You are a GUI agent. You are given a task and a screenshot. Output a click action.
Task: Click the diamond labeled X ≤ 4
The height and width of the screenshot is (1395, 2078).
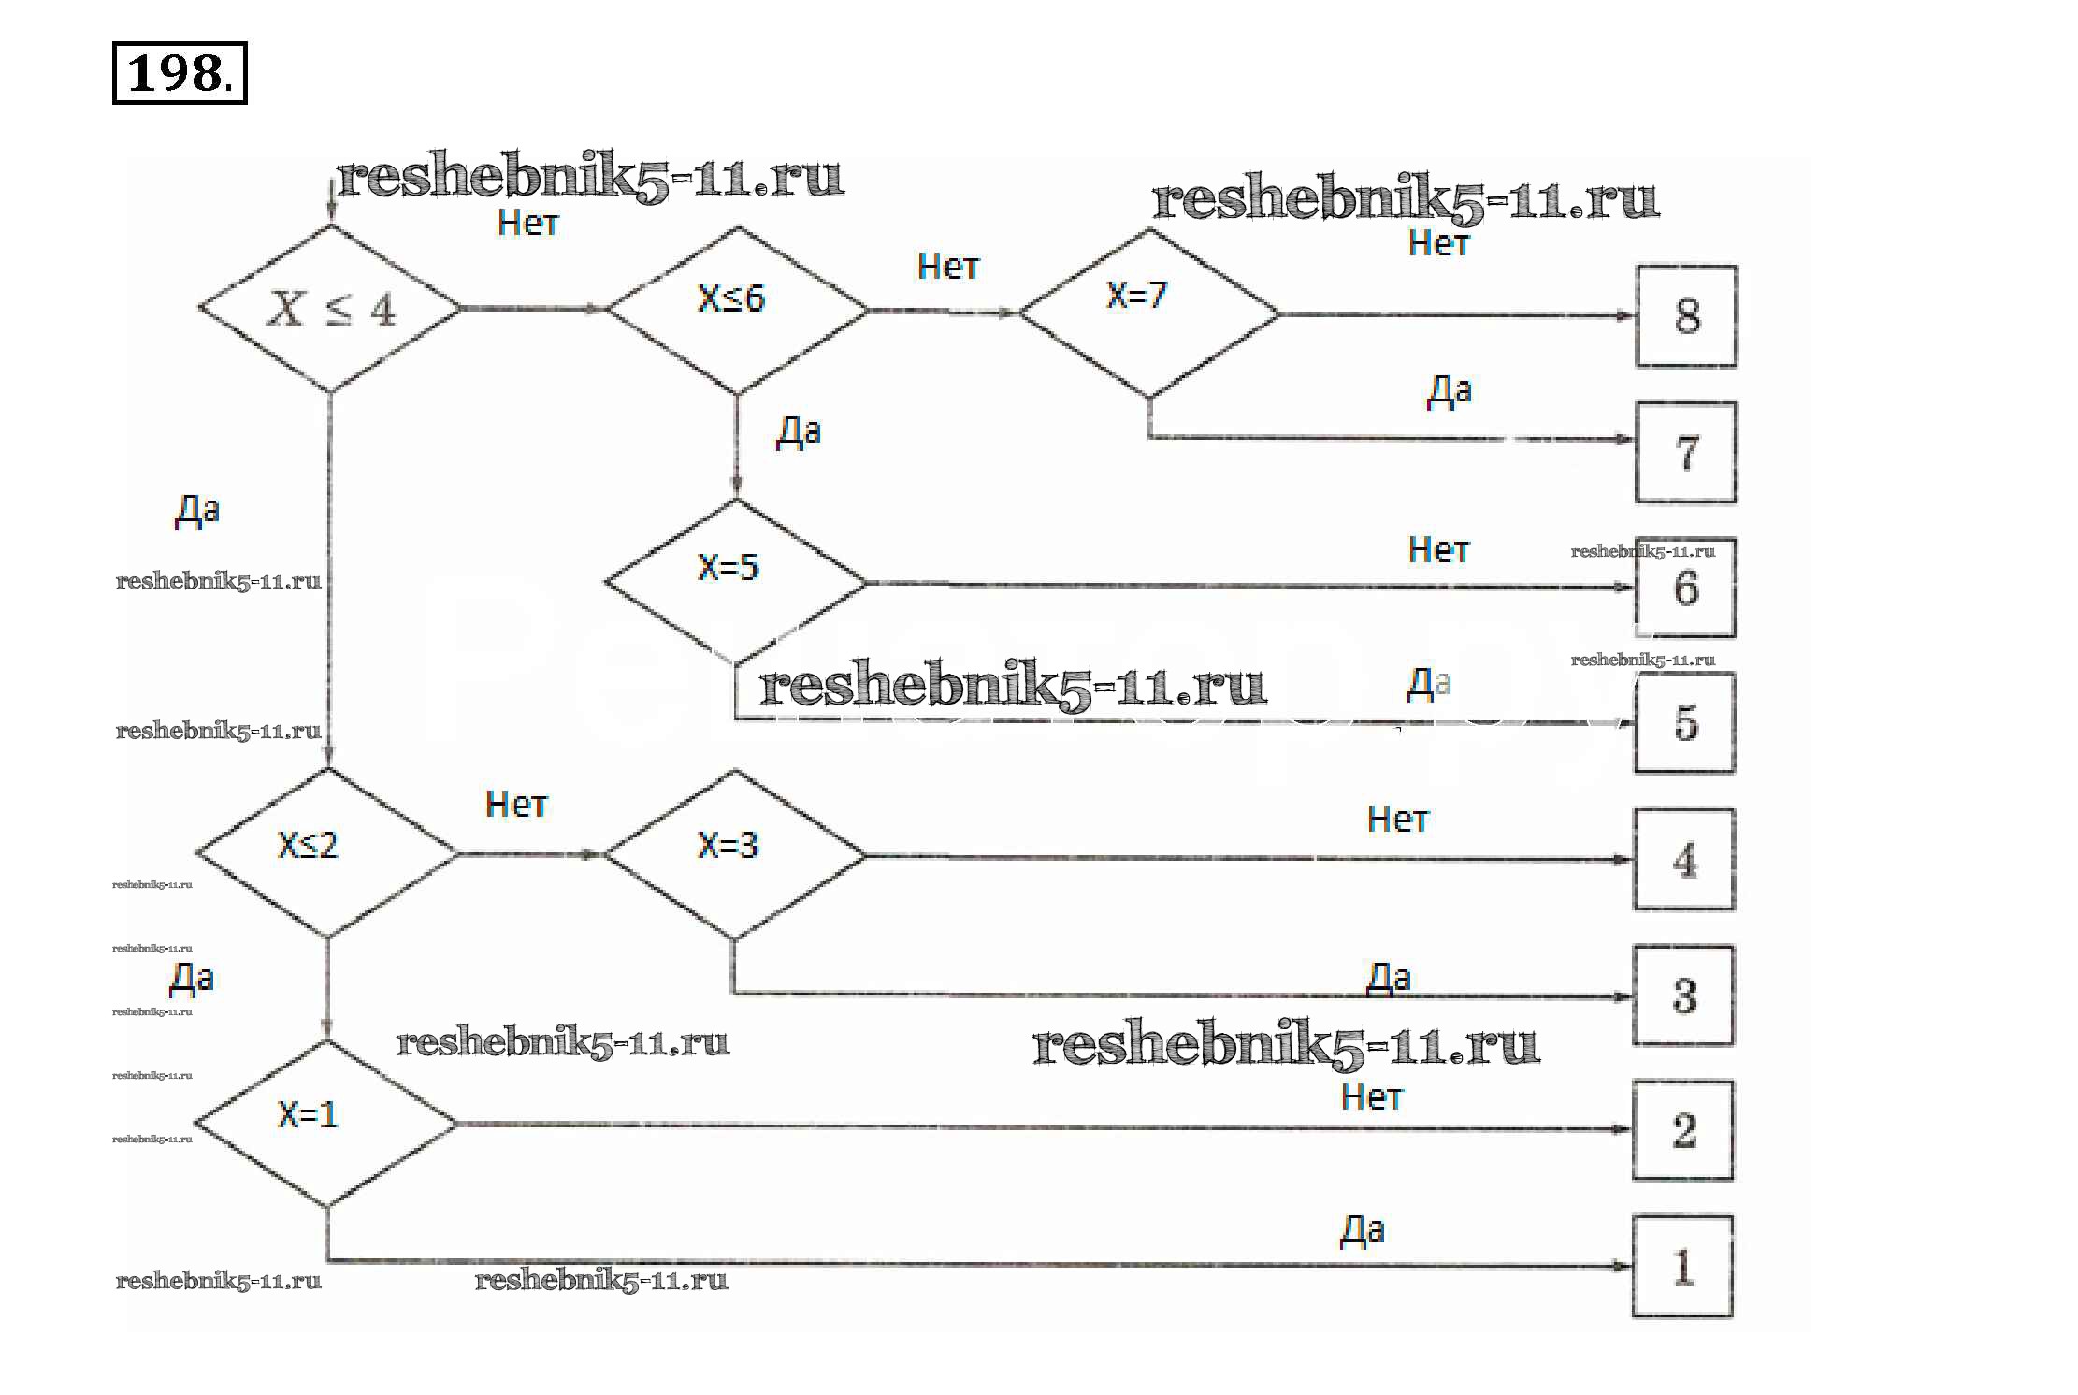tap(330, 308)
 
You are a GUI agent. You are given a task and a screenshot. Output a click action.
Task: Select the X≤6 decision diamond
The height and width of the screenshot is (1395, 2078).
tap(737, 308)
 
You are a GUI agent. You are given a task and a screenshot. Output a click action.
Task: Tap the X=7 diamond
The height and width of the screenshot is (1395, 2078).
tap(1148, 312)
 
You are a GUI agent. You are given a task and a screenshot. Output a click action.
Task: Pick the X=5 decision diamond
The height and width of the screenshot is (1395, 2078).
tap(735, 580)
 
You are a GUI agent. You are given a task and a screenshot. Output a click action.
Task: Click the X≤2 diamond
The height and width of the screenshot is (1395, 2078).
tap(327, 852)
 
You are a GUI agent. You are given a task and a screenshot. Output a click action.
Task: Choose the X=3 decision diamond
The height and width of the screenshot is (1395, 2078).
tap(734, 852)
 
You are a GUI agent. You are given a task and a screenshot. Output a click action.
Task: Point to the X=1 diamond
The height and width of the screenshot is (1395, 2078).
tap(326, 1123)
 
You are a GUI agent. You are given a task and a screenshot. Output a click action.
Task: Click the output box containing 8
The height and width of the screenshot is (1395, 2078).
tap(1686, 316)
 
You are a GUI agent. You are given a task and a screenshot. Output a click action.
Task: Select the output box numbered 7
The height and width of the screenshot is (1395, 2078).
tap(1685, 453)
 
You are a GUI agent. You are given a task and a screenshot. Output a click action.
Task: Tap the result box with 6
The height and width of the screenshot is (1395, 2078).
tap(1685, 588)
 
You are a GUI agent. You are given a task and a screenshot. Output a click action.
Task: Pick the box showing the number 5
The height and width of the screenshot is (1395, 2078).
tap(1684, 723)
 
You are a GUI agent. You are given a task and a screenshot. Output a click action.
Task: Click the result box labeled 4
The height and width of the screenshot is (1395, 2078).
tap(1684, 860)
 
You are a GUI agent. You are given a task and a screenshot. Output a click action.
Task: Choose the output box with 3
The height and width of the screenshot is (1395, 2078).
tap(1683, 995)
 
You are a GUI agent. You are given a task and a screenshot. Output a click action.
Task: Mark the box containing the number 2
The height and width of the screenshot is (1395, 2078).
tap(1682, 1130)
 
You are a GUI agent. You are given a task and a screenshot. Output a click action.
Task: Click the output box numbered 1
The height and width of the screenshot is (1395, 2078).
tap(1682, 1267)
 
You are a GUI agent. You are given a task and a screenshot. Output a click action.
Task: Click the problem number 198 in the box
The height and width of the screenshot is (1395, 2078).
tap(179, 73)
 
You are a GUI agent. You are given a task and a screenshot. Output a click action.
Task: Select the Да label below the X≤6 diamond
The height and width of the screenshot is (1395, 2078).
tap(798, 432)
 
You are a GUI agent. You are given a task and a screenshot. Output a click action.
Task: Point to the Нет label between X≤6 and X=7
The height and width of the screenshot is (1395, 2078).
tap(947, 268)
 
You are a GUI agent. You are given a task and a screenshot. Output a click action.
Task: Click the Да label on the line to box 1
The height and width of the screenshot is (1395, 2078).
tap(1362, 1231)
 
